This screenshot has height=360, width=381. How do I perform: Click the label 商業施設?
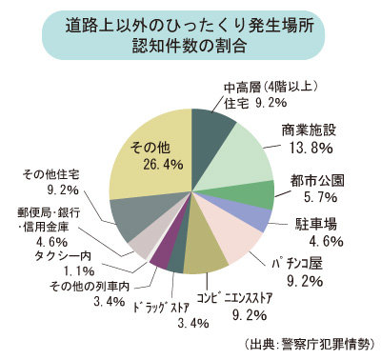(308, 130)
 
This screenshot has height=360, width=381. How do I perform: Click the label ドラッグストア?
(151, 307)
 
